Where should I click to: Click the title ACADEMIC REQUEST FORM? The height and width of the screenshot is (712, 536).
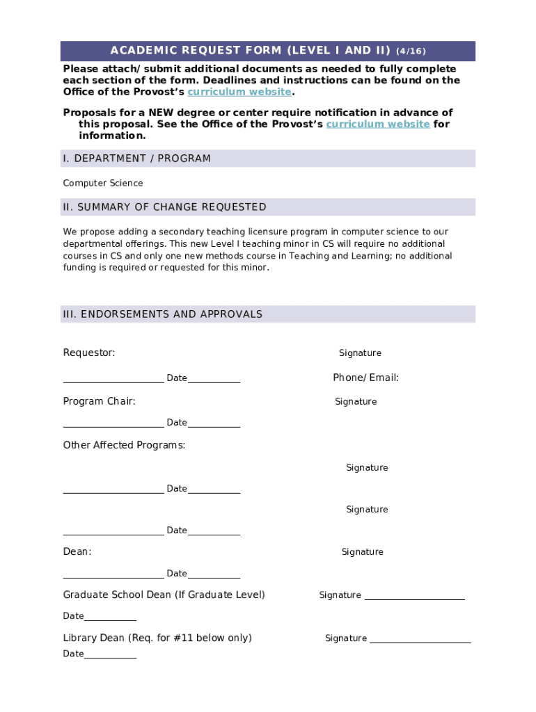(251, 51)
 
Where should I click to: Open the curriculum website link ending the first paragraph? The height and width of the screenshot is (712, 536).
(239, 92)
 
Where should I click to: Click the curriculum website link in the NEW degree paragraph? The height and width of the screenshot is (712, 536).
(377, 124)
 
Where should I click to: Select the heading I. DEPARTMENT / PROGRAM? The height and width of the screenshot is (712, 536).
(136, 159)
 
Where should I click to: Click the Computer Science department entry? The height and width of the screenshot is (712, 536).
(103, 184)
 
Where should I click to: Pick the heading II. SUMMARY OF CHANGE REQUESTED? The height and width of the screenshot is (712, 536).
(164, 207)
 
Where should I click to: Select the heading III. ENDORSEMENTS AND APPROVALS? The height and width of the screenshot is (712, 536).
(162, 314)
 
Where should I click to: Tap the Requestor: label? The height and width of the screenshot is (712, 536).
(89, 353)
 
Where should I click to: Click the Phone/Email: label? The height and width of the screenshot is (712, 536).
(365, 378)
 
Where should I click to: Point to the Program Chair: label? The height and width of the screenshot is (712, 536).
(99, 401)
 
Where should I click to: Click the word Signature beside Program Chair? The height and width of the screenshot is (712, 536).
(356, 402)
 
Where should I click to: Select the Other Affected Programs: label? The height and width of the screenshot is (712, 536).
(124, 445)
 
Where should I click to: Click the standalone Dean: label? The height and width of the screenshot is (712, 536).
(77, 551)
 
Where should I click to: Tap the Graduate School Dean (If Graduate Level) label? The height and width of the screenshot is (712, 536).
(164, 594)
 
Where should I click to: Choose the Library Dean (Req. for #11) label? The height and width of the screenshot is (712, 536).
(157, 638)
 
